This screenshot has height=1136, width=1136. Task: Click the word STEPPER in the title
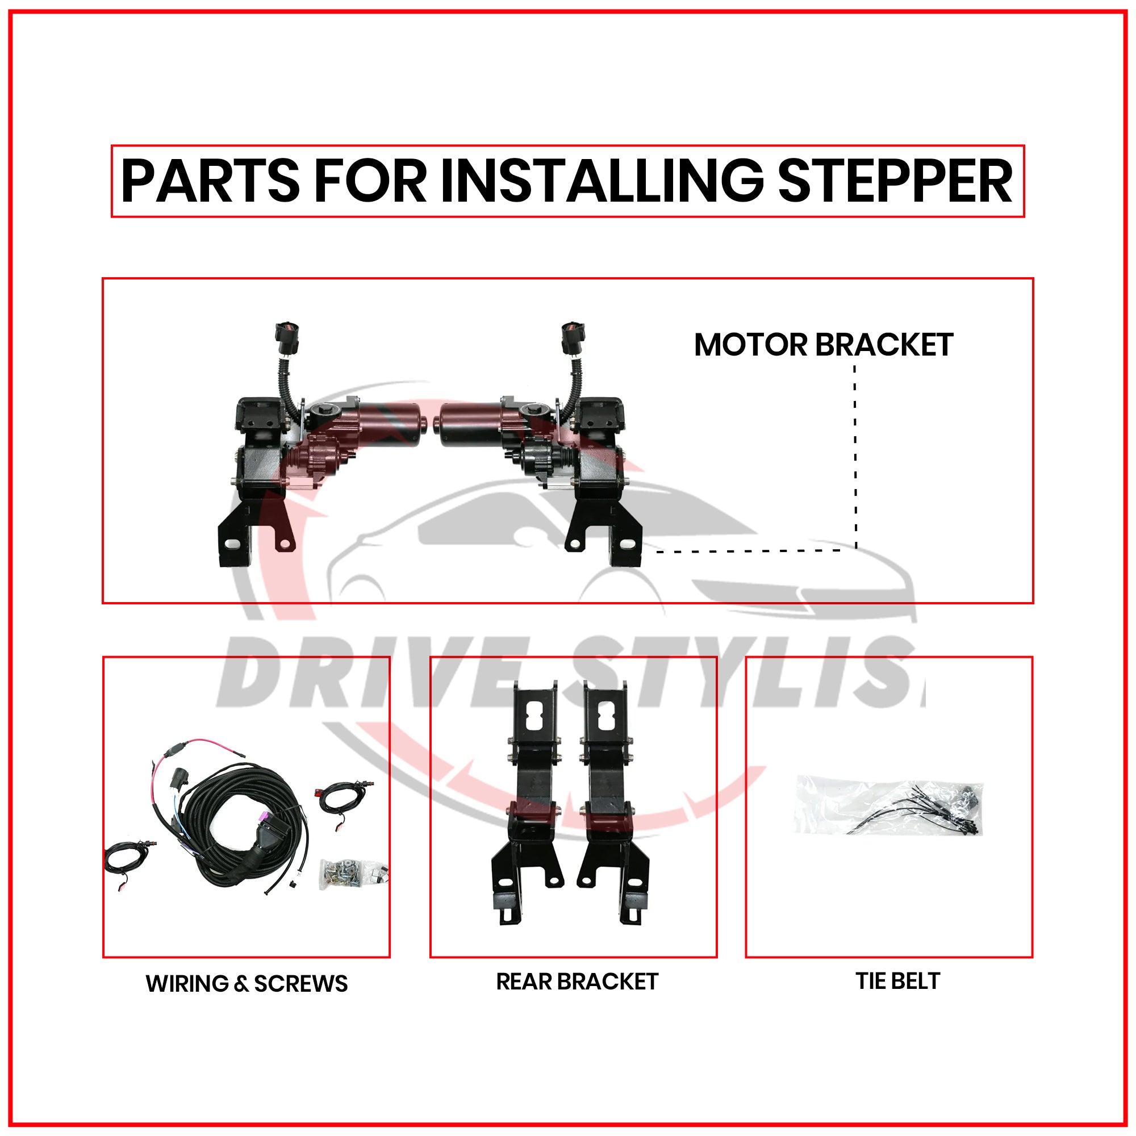(x=895, y=182)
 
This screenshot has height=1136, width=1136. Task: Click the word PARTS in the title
(x=211, y=182)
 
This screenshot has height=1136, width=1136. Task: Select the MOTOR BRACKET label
(x=822, y=345)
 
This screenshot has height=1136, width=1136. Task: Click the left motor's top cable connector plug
(x=287, y=339)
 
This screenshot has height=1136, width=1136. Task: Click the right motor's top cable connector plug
(x=572, y=339)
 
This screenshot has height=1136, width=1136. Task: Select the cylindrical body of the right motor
(x=470, y=423)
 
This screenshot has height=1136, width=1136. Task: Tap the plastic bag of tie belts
(x=888, y=805)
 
